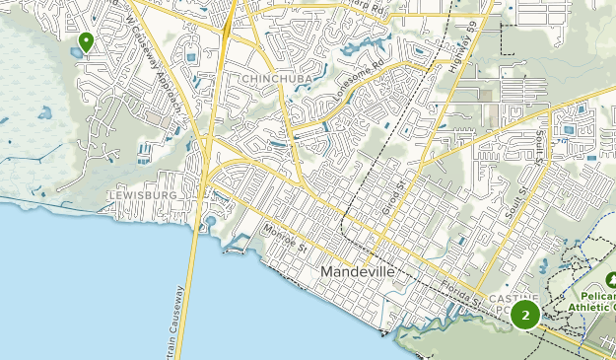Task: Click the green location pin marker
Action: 86,41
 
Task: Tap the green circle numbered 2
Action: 524,316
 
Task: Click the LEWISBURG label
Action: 142,195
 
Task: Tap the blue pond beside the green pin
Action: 77,47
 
